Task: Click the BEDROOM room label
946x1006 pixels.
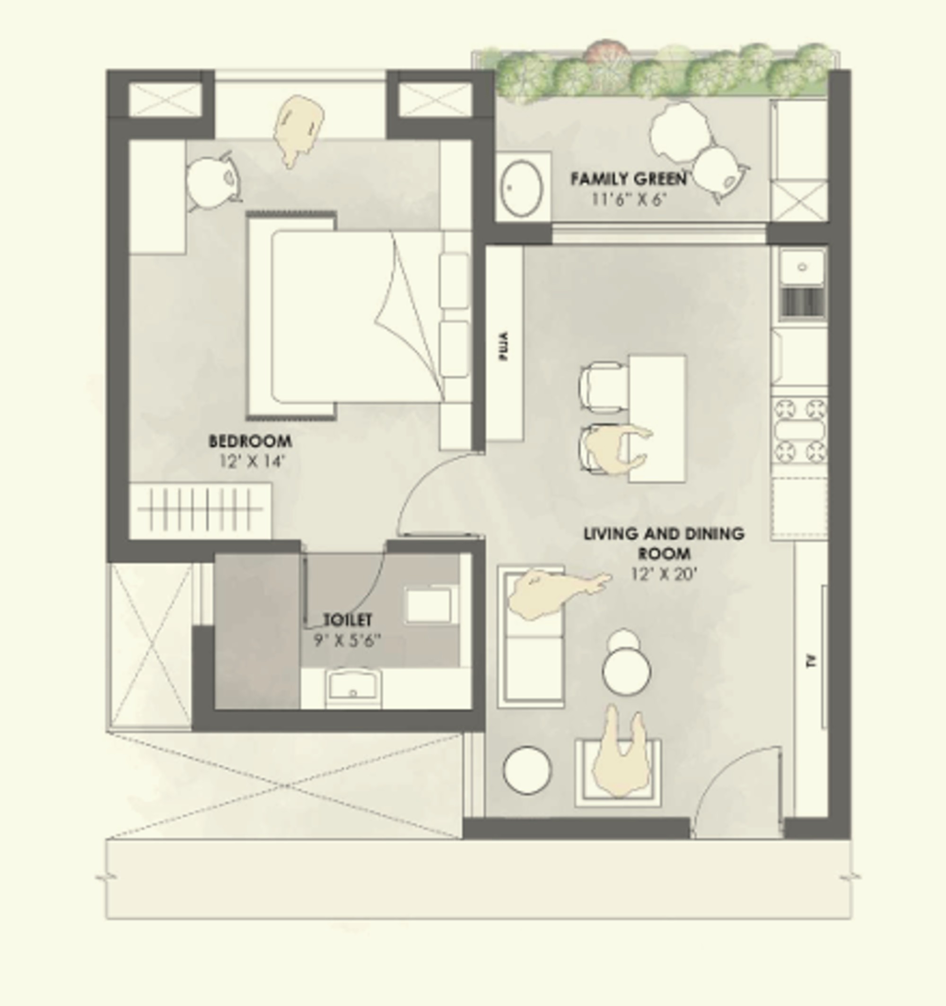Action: point(251,441)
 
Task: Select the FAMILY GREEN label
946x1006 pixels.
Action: point(629,179)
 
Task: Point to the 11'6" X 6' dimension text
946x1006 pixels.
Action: point(628,200)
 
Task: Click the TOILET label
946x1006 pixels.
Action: point(348,620)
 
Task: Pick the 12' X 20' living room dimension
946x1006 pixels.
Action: point(665,574)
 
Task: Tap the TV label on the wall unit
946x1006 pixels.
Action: point(810,661)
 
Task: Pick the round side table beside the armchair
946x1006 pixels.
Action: point(527,770)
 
